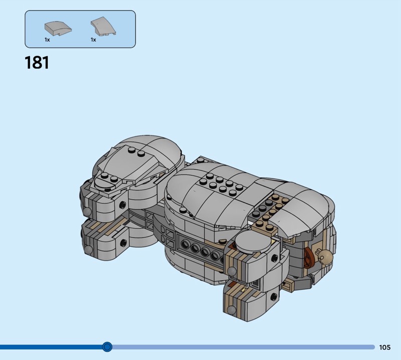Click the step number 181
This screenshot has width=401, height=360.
(x=37, y=63)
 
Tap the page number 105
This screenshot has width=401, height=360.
(x=384, y=347)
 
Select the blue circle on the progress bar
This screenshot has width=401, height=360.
(x=107, y=347)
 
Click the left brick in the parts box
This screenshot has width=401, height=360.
(x=58, y=29)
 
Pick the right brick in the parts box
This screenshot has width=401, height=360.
(x=103, y=27)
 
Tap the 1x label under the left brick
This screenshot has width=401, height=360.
(x=47, y=40)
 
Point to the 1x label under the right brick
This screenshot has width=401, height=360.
(x=93, y=40)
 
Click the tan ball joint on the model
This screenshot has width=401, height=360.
(x=325, y=256)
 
